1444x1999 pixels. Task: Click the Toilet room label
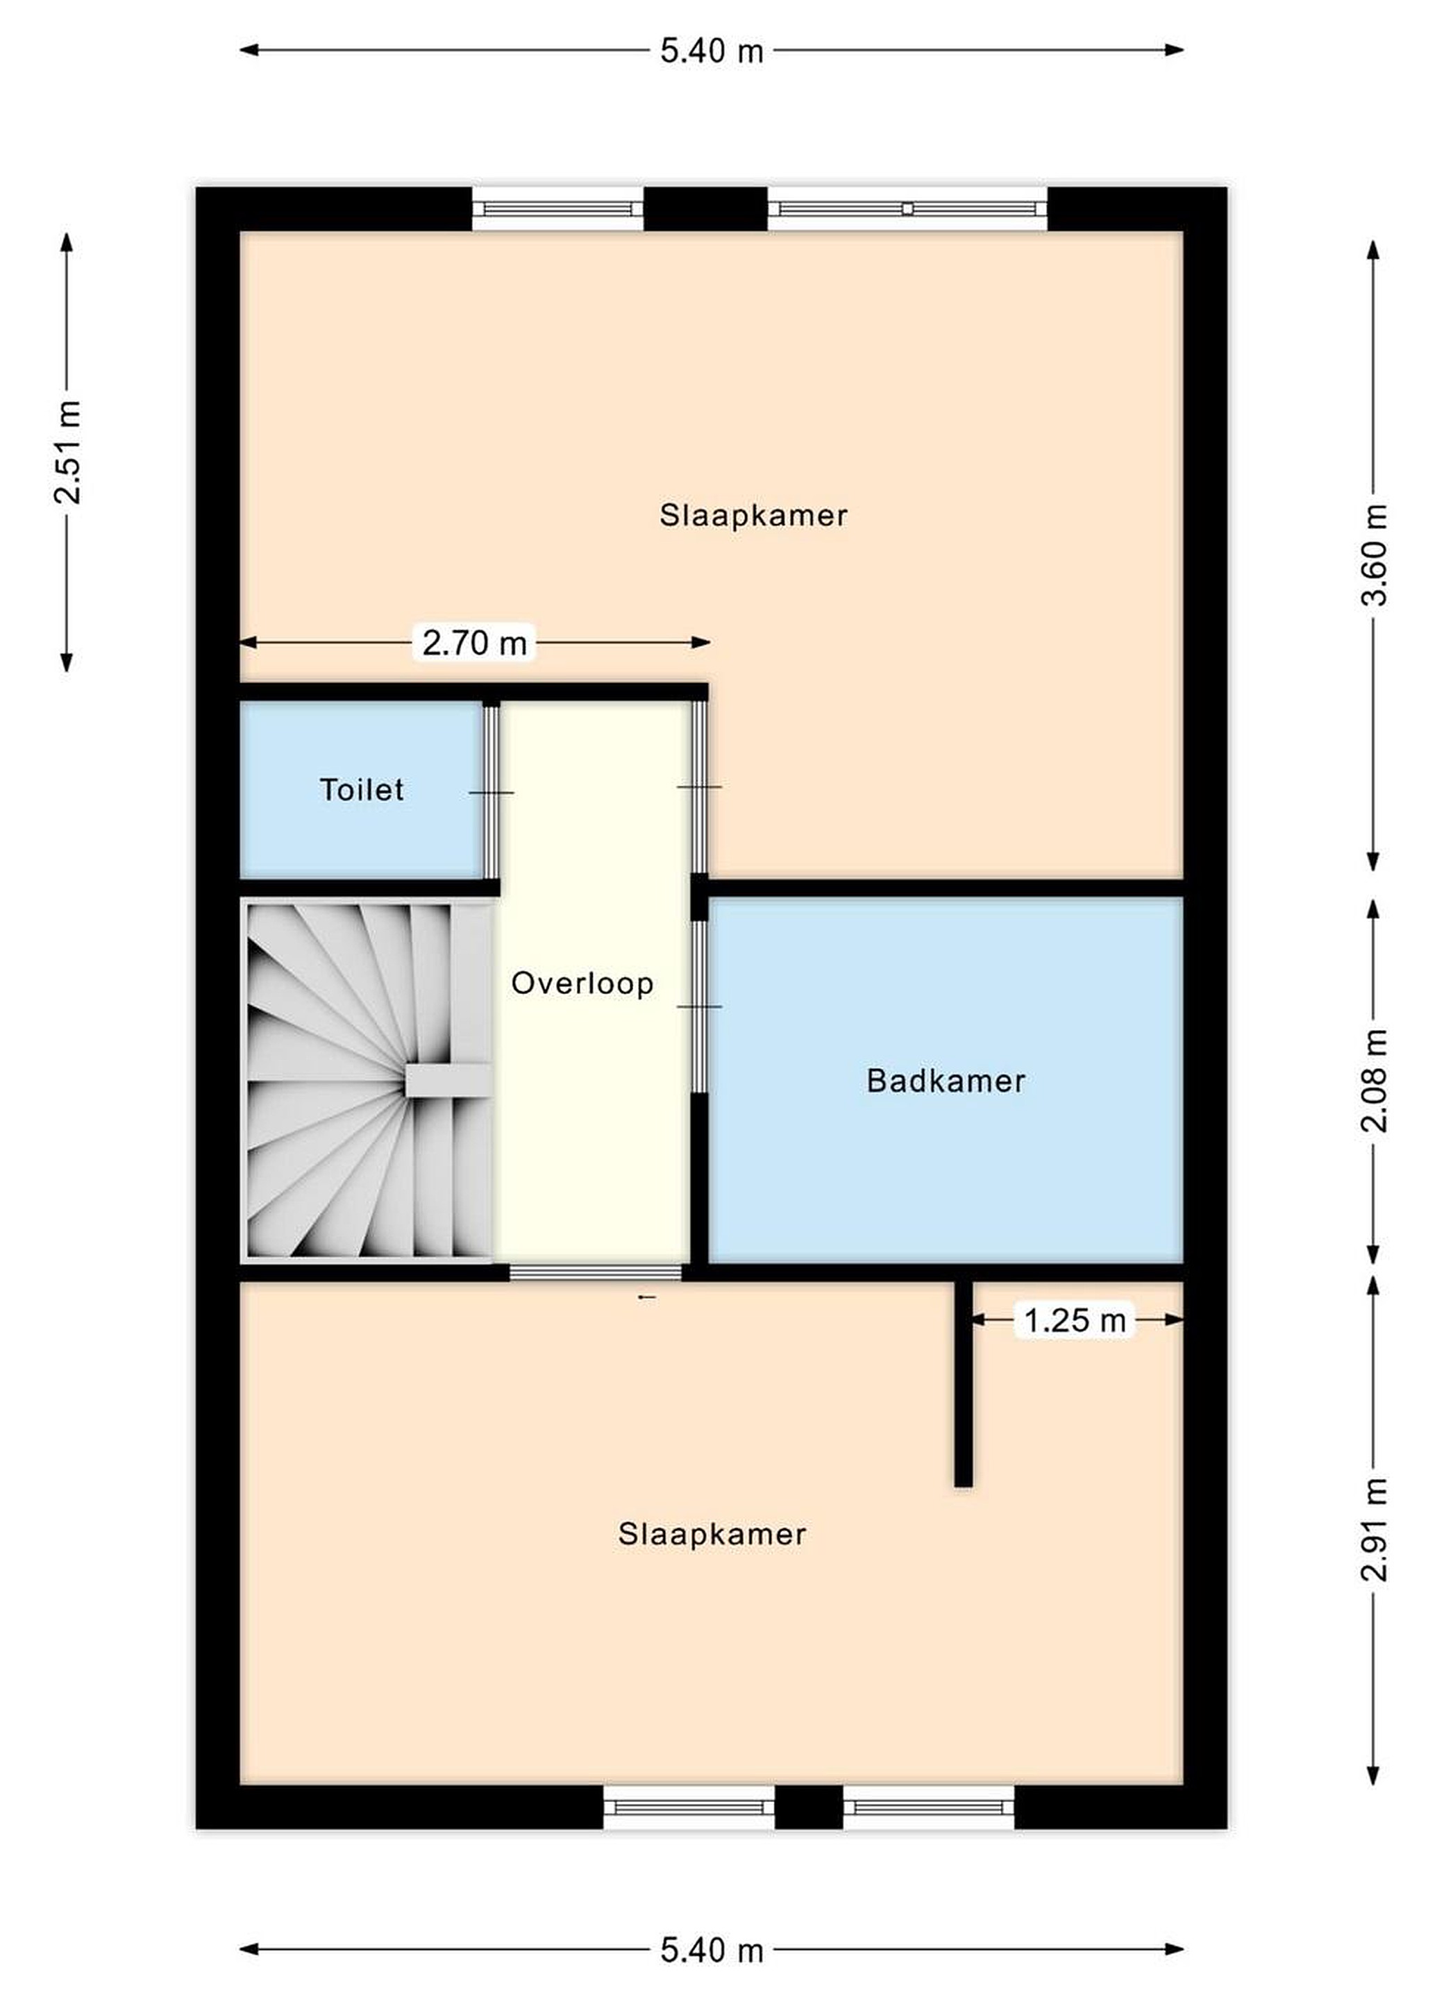pos(362,789)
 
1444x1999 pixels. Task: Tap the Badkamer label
pos(946,1081)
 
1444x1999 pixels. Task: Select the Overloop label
pos(582,983)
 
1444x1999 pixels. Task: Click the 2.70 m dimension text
pos(474,643)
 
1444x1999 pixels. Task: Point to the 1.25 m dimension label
pos(1075,1319)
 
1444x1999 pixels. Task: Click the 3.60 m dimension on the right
pos(1373,555)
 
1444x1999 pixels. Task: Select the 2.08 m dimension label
pos(1373,1080)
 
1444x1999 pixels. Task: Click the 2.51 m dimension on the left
pos(67,452)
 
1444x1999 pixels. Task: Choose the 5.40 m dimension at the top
pos(712,51)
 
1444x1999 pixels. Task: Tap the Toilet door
pos(491,791)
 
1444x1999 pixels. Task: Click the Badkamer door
pos(698,1006)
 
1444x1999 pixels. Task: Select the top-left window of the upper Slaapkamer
pos(558,209)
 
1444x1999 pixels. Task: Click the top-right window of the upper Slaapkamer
pos(907,209)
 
